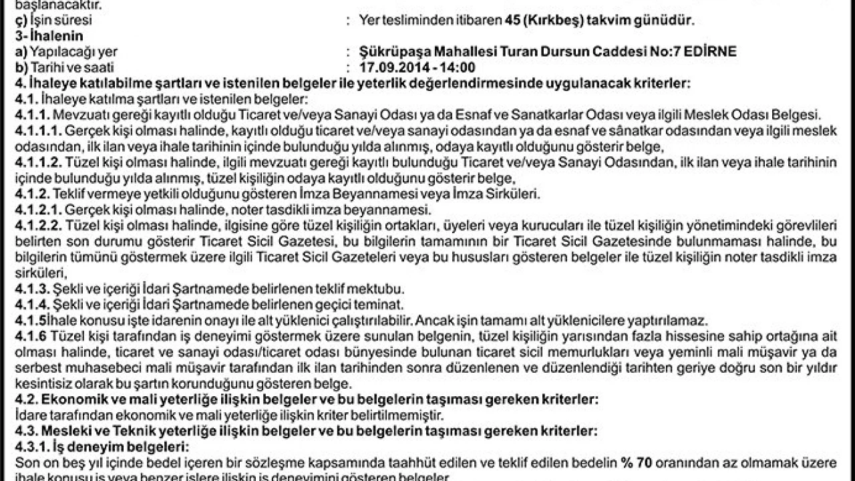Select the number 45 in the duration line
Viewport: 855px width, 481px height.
512,20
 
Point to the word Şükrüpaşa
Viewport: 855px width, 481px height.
390,52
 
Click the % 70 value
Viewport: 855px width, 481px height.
636,462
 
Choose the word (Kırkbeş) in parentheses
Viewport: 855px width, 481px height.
554,20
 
